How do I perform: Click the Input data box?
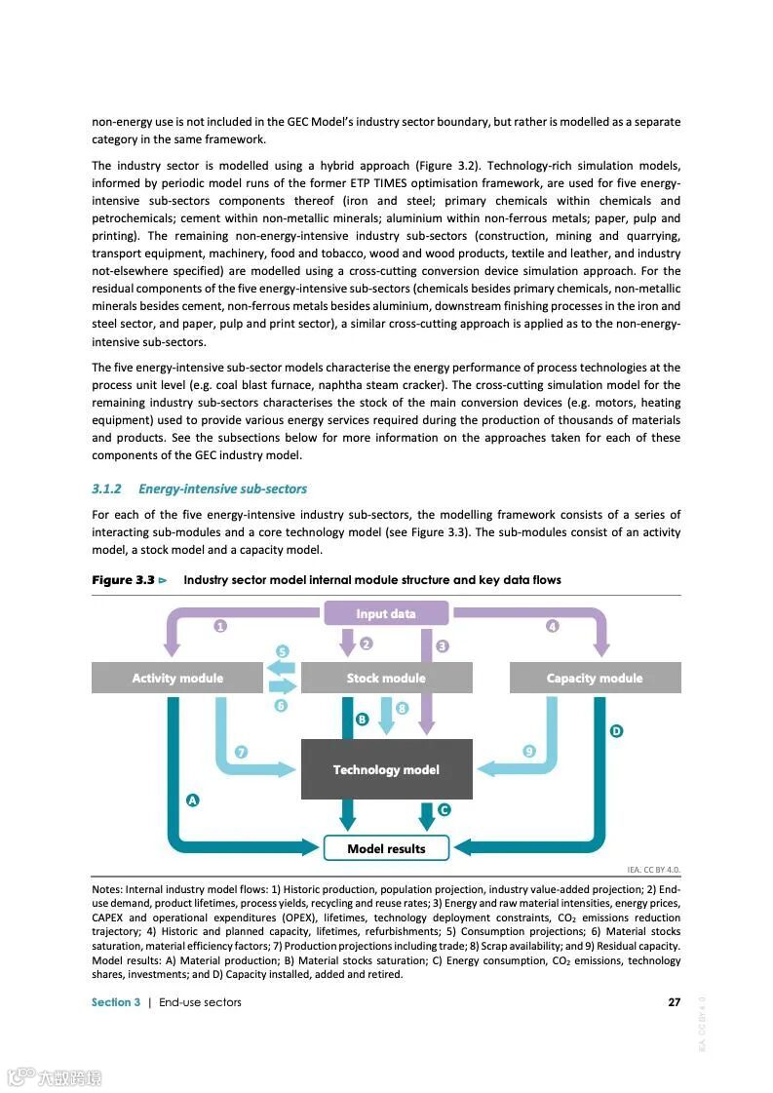[x=386, y=613]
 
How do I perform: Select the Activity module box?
[x=177, y=678]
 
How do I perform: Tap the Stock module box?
[x=386, y=678]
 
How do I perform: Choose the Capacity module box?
[x=595, y=678]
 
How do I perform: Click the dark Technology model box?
[x=386, y=769]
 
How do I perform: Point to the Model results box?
[x=386, y=848]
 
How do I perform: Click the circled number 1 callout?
[x=221, y=626]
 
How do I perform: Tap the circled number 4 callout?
[x=553, y=626]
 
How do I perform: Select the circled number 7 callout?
[x=241, y=751]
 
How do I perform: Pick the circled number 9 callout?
[x=529, y=751]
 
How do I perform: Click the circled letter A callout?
[x=193, y=800]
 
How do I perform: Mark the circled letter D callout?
[x=616, y=730]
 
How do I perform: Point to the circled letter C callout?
[x=444, y=809]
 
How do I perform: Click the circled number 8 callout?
[x=402, y=709]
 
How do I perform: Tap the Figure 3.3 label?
[x=124, y=580]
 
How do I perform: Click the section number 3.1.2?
[x=105, y=488]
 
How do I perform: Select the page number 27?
[x=674, y=1002]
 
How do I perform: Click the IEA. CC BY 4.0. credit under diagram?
[x=653, y=869]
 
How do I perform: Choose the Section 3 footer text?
[x=116, y=1002]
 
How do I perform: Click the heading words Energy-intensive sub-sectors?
[x=222, y=488]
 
